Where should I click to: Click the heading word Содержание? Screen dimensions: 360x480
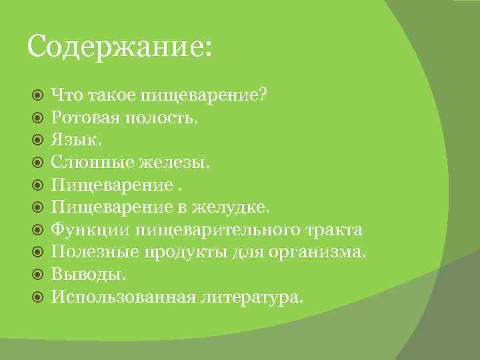(118, 48)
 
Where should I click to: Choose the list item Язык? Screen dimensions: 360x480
(75, 142)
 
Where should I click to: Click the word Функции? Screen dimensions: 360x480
(91, 231)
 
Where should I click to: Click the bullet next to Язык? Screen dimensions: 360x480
(38, 142)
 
